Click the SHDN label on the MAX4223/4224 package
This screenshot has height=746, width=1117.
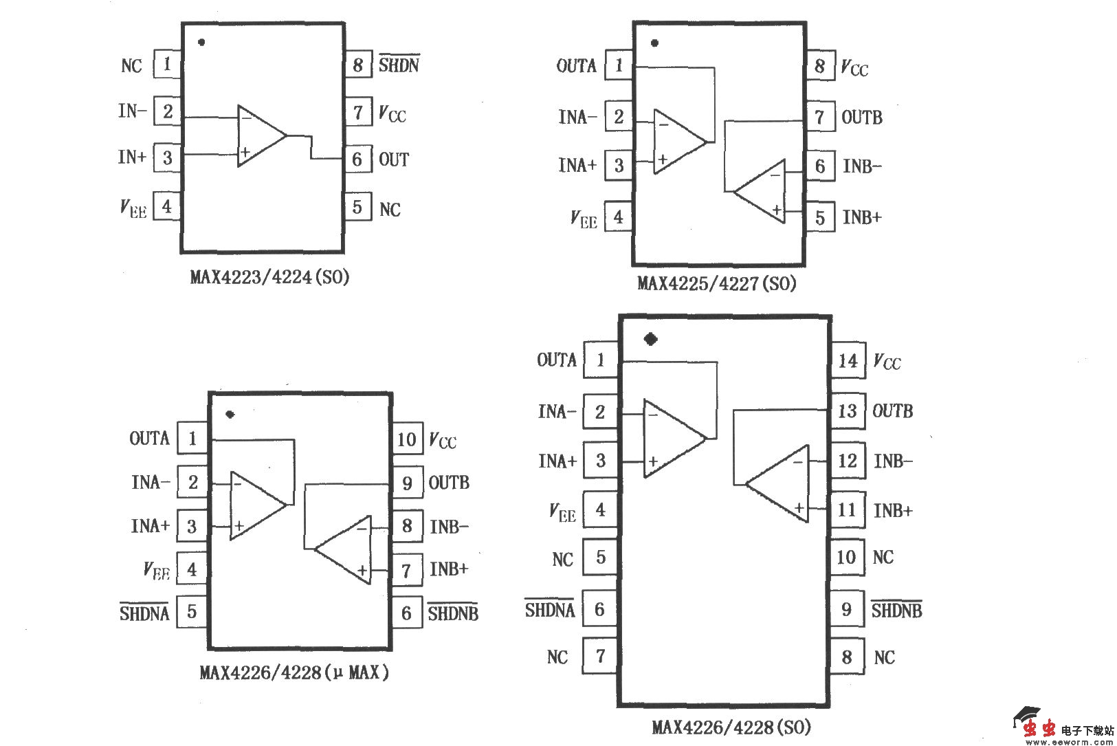[x=399, y=65]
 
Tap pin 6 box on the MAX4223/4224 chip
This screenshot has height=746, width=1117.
[x=357, y=160]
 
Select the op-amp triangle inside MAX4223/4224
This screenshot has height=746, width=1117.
[x=259, y=135]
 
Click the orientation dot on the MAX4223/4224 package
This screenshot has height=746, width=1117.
[x=201, y=42]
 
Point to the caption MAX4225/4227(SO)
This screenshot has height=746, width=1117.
[x=716, y=283]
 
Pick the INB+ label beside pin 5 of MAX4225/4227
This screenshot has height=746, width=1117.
[x=862, y=218]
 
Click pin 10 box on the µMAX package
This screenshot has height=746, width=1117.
[x=406, y=440]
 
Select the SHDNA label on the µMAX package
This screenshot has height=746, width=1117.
[x=144, y=613]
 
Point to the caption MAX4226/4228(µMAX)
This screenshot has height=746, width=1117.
[x=294, y=672]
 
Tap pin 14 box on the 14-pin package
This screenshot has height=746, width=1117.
[x=848, y=361]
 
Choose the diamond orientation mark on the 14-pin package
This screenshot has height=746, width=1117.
[x=650, y=339]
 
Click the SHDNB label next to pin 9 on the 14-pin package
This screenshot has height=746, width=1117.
[x=896, y=610]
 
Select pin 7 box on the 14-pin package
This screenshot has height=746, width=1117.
[x=600, y=656]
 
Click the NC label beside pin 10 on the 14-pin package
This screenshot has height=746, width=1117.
[x=883, y=558]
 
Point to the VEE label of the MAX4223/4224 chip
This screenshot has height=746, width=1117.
[x=133, y=208]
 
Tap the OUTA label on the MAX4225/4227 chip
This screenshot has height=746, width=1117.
[x=576, y=66]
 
